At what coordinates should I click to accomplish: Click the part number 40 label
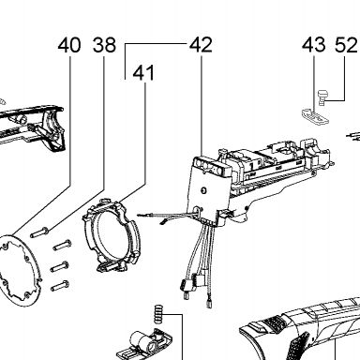tap(69, 45)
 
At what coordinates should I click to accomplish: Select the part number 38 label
tap(104, 45)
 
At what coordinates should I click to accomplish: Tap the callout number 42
tap(201, 45)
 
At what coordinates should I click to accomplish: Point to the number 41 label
tap(143, 73)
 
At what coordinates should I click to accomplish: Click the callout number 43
tap(314, 45)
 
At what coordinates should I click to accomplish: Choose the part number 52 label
tap(346, 45)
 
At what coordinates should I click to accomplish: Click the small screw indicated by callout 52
tap(322, 97)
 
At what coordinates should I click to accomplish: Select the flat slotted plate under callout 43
tap(315, 116)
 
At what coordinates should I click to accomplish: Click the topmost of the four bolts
tap(39, 232)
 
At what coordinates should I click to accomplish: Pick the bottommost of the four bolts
tap(60, 286)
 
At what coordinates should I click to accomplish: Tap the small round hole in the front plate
tap(204, 190)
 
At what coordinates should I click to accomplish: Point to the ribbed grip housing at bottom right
tap(300, 331)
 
